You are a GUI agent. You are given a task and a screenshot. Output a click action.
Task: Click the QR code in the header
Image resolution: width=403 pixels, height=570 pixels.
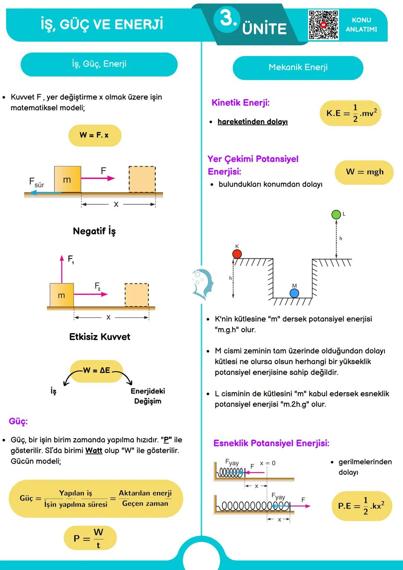point(324,25)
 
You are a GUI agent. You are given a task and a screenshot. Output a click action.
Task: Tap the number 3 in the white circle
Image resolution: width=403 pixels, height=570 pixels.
point(227,18)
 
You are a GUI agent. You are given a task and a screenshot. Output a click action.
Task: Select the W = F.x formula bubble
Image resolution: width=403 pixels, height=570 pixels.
point(95,135)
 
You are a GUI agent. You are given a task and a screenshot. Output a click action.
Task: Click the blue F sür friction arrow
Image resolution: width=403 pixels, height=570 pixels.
point(45,193)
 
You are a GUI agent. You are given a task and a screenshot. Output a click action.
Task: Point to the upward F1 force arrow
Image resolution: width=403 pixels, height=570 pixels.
point(62,269)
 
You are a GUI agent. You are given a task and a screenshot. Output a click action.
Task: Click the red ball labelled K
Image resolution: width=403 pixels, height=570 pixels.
point(237,254)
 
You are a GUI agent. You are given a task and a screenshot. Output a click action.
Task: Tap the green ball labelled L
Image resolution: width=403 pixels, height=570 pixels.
point(336,214)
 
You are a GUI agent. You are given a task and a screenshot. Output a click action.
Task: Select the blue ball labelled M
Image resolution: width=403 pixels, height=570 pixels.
point(294,293)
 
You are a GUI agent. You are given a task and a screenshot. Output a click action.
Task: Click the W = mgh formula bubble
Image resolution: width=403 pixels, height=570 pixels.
point(364,172)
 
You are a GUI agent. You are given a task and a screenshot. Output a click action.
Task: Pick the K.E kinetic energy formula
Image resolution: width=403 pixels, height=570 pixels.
point(351,113)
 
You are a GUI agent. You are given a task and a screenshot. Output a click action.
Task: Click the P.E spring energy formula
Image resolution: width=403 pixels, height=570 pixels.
point(361,506)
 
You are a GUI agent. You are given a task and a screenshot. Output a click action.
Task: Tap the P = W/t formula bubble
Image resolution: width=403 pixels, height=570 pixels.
point(90,538)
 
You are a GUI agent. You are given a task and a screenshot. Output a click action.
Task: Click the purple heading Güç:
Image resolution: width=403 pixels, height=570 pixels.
point(18,421)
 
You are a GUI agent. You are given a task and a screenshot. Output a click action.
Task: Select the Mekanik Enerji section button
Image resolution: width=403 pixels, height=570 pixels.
point(298,68)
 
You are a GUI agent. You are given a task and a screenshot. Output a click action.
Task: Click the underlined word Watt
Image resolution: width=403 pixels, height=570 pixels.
point(94,451)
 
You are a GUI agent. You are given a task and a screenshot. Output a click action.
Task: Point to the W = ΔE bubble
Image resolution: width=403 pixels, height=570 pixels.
point(97,371)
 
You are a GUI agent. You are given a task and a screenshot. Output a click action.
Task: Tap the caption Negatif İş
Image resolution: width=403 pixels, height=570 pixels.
point(94,231)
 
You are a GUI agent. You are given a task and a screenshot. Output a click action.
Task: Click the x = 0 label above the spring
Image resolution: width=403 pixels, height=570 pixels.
point(268,463)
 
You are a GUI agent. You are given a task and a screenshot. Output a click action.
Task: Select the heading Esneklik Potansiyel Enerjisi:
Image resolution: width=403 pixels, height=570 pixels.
point(271,443)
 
